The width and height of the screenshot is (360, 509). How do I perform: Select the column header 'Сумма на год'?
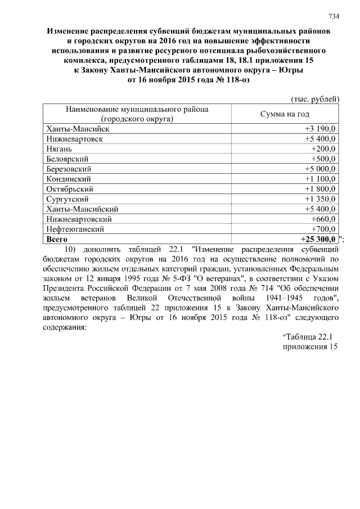(x=285, y=114)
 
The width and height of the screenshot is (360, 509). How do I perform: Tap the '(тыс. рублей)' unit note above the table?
(x=314, y=99)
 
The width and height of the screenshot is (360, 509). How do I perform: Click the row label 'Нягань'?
(x=60, y=148)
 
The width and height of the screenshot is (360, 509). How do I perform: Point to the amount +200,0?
(x=323, y=148)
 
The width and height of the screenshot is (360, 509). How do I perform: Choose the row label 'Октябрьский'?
(x=69, y=189)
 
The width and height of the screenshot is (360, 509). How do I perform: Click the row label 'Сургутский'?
(x=67, y=199)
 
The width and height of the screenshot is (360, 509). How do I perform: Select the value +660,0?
(x=323, y=219)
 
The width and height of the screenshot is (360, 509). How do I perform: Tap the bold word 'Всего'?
(x=57, y=239)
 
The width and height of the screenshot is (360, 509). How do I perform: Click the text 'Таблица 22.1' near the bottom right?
(x=309, y=337)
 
